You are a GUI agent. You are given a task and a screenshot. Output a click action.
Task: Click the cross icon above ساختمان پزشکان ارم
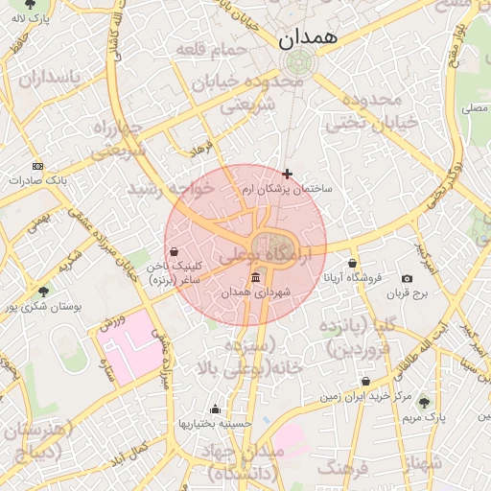click(287, 174)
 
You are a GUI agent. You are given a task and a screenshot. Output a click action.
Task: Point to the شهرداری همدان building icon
click(254, 277)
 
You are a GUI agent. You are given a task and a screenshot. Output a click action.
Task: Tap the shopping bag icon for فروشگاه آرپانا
click(353, 263)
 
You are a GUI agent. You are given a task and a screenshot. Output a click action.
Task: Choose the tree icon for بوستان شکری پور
click(43, 292)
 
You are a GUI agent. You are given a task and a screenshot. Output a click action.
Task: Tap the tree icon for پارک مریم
click(425, 403)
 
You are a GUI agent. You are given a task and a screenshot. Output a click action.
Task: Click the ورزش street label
click(113, 324)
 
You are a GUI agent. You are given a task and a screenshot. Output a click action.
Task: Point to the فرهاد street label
click(199, 150)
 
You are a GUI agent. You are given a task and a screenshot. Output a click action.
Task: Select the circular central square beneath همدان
click(298, 63)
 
